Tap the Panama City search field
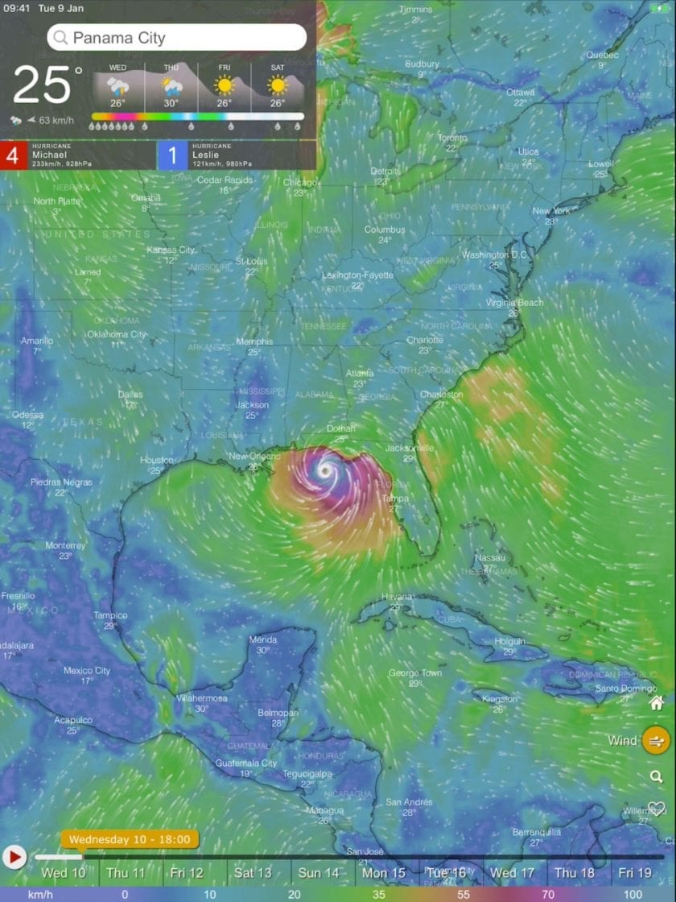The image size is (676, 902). click(x=177, y=37)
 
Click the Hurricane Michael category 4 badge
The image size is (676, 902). click(x=12, y=155)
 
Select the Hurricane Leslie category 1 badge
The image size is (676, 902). click(x=172, y=155)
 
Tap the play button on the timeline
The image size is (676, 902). click(x=14, y=856)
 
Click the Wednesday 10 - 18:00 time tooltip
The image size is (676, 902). click(x=129, y=839)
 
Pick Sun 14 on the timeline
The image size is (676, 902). click(x=319, y=873)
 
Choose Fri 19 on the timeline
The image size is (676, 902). click(x=635, y=873)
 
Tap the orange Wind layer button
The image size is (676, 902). click(x=656, y=740)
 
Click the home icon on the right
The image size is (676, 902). click(x=657, y=703)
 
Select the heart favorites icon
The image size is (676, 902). click(x=656, y=809)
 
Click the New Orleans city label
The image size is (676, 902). click(x=254, y=457)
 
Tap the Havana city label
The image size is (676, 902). click(x=397, y=597)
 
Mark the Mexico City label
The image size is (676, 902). click(x=87, y=670)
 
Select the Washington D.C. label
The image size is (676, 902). click(x=494, y=255)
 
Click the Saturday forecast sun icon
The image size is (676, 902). click(x=278, y=85)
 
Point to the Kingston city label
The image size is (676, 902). click(x=500, y=699)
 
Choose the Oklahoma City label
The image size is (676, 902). click(x=117, y=334)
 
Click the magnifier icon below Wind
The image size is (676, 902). click(x=657, y=776)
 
